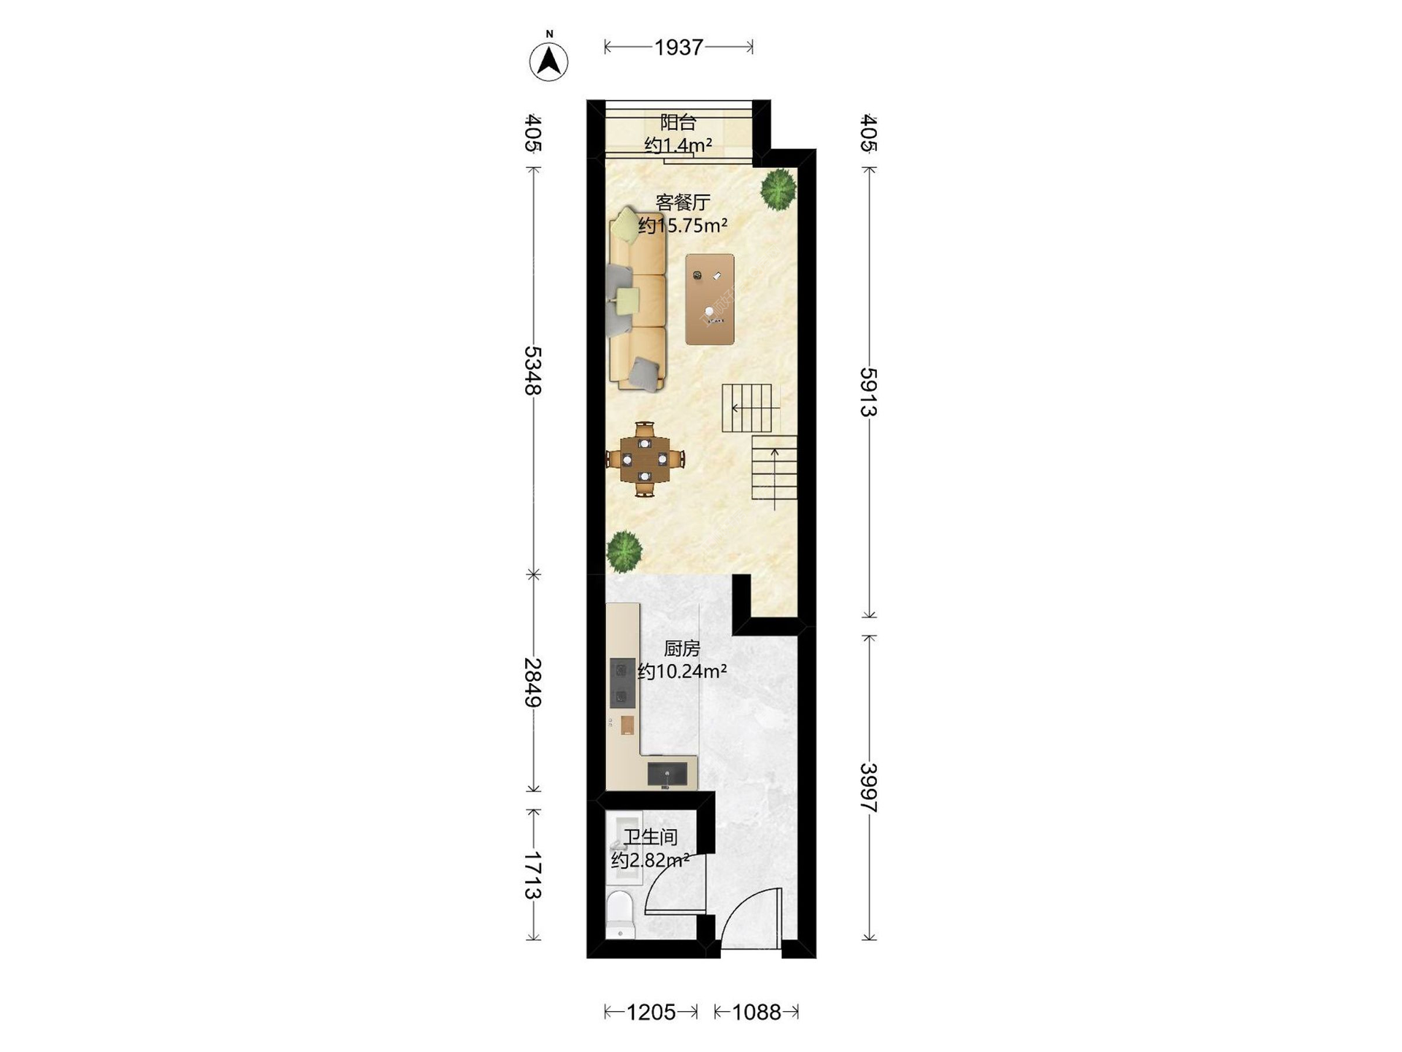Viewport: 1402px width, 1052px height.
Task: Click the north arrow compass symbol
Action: pos(548,61)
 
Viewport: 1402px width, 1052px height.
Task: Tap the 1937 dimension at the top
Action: pos(678,47)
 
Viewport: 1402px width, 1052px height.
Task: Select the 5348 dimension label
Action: pos(533,370)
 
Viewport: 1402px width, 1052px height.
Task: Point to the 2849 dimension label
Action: pos(533,682)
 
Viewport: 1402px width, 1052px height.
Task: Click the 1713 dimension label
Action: pos(533,875)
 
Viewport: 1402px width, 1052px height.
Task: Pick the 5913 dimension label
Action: pos(868,392)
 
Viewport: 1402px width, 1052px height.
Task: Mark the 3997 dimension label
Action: pos(868,788)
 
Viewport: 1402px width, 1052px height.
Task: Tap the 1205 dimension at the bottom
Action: pos(651,1012)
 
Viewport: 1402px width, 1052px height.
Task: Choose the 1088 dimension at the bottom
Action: pos(756,1012)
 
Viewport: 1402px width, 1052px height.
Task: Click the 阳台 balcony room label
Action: pos(678,122)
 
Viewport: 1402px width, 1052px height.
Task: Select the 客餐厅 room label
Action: pos(683,202)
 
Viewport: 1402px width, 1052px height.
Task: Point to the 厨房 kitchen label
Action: pos(682,648)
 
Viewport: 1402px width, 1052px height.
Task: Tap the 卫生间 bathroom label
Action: pos(651,837)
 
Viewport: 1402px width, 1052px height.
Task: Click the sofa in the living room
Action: pos(637,300)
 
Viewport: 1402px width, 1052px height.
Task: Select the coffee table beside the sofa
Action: pos(710,300)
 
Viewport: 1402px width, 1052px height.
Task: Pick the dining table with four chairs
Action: pos(645,460)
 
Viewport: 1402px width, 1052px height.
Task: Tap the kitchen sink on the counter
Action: pos(667,773)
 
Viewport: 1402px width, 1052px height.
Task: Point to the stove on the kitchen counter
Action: pos(622,682)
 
